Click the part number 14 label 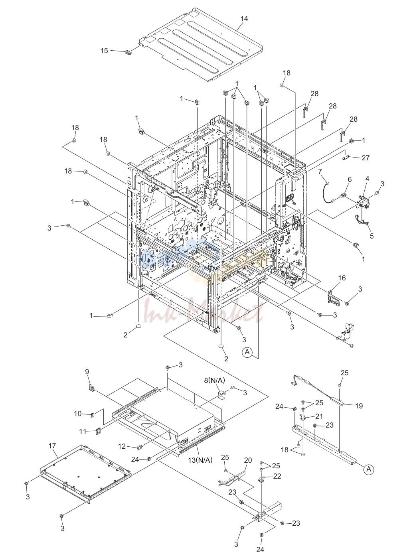point(244,19)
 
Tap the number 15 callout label point(104,51)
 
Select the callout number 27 point(366,158)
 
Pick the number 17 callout point(52,446)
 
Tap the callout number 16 point(342,278)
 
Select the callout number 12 point(122,446)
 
